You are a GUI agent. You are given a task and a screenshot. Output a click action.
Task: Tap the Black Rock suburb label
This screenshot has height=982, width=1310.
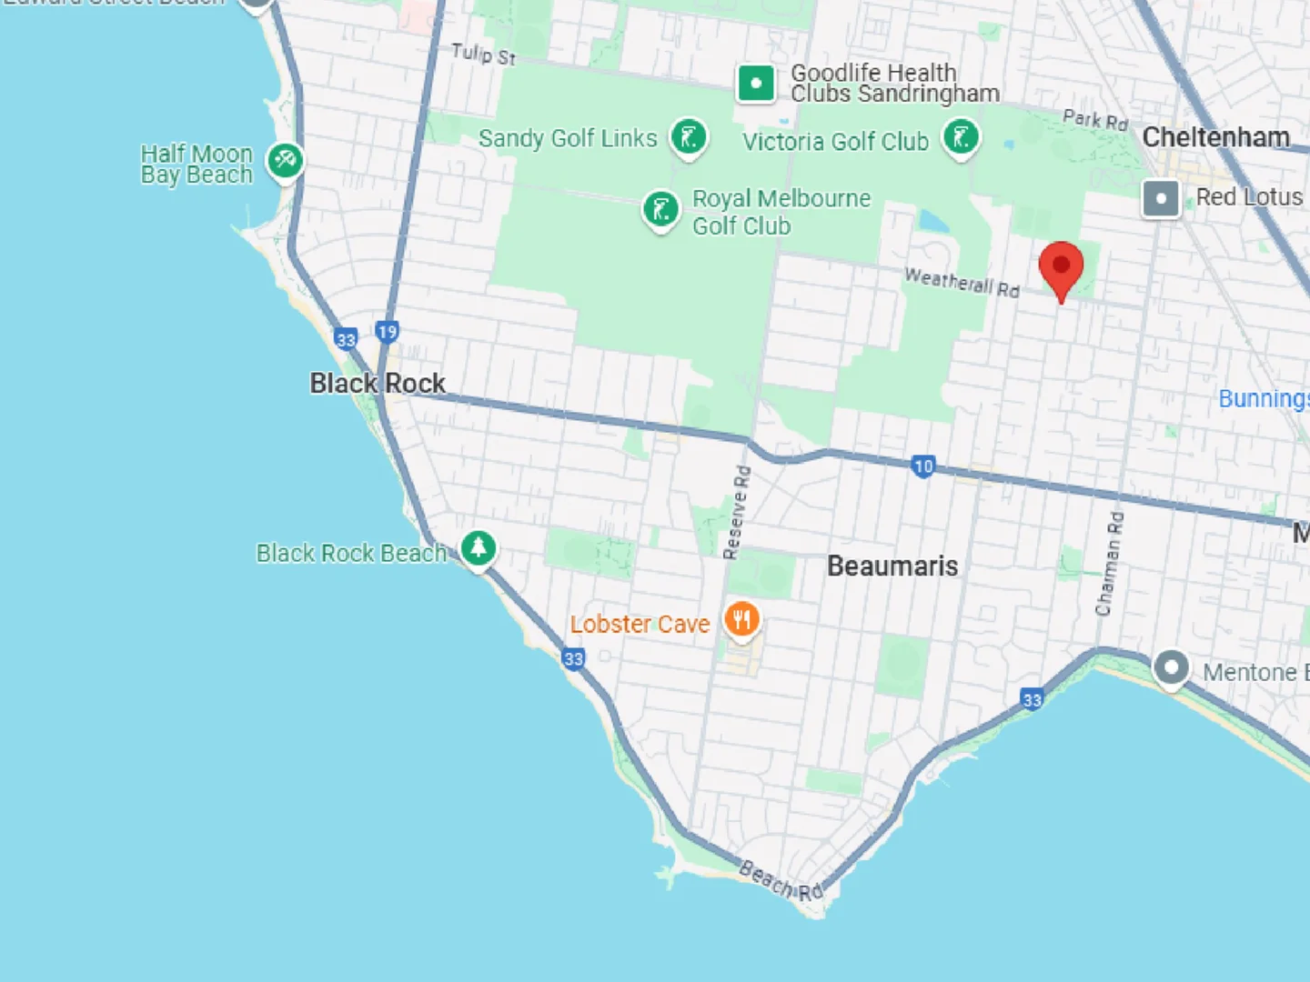click(x=378, y=384)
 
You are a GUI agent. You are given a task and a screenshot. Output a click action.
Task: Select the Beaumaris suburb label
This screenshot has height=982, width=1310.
click(x=892, y=566)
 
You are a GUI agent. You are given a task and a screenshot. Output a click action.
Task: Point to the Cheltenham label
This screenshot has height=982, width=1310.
click(x=1215, y=137)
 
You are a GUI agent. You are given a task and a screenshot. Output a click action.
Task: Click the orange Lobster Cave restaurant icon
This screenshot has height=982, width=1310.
click(x=742, y=620)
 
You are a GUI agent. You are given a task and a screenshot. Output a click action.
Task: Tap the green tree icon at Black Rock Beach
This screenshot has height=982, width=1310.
click(x=479, y=547)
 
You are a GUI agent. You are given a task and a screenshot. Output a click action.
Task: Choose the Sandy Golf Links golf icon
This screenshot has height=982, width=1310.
click(x=689, y=138)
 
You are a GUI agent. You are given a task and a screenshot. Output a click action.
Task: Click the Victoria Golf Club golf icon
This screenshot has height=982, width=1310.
click(x=961, y=138)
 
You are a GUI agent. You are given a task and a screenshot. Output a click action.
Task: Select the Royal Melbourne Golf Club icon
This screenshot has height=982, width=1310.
click(x=660, y=209)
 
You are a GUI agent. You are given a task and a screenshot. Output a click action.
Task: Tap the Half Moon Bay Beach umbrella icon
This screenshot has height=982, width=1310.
click(x=285, y=161)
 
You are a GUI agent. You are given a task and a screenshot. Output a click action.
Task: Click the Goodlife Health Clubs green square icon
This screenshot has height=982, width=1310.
click(x=756, y=84)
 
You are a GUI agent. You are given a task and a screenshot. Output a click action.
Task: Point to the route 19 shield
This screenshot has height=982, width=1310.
click(x=388, y=332)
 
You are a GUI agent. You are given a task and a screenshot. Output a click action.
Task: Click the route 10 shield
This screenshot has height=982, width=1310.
click(x=923, y=466)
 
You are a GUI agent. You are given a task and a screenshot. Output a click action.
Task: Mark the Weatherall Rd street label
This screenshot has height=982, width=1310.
click(x=962, y=282)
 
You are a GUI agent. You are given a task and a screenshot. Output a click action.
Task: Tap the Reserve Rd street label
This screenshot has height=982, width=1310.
click(x=737, y=512)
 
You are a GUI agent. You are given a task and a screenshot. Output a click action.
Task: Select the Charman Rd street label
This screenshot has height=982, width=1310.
click(x=1110, y=564)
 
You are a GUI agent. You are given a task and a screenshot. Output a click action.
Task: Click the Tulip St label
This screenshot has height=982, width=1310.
click(x=483, y=55)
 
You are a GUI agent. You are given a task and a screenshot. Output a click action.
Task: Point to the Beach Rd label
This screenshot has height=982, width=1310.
click(x=781, y=880)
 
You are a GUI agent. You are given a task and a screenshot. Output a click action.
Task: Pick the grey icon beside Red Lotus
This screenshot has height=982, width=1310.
click(x=1161, y=198)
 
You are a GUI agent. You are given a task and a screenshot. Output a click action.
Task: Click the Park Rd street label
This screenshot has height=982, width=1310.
click(x=1095, y=119)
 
